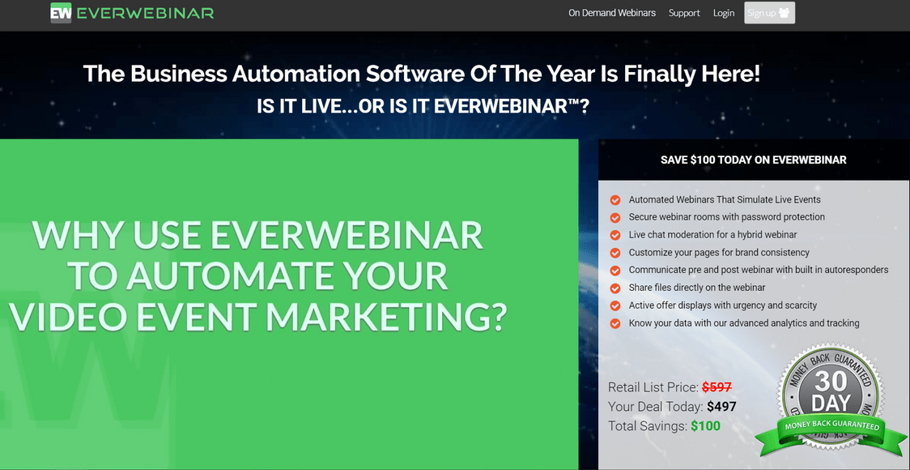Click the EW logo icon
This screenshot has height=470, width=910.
coord(61,13)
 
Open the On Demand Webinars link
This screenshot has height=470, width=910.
coord(612,13)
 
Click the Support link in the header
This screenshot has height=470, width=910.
coord(684,13)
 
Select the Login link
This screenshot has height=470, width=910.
coord(724,13)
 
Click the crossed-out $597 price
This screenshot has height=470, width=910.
coord(717,387)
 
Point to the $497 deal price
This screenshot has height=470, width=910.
coord(721,406)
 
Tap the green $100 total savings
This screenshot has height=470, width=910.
coord(705,426)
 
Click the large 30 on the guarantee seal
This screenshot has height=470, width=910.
coord(831,381)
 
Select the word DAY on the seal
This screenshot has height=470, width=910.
coord(831,402)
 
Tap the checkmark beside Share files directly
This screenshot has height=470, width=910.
coord(615,288)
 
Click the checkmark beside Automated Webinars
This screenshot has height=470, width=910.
coord(615,200)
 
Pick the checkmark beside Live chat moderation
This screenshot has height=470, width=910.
coord(615,235)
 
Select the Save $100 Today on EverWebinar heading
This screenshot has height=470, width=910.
coord(753,160)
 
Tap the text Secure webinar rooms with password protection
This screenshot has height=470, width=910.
coord(726,217)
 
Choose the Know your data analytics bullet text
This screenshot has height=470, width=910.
coord(744,323)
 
